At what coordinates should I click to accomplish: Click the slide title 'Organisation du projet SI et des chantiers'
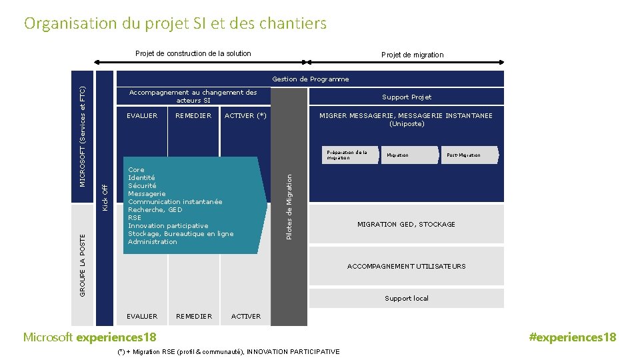[175, 24]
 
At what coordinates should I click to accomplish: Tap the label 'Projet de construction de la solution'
[193, 53]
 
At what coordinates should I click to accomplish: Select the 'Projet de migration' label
[412, 55]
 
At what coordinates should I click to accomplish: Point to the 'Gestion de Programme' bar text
[310, 79]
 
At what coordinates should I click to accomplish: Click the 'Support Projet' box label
[407, 97]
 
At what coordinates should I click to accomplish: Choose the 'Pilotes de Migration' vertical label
[289, 207]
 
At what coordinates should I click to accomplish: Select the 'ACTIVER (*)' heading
[245, 116]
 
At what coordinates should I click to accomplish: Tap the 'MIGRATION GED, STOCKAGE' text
[406, 225]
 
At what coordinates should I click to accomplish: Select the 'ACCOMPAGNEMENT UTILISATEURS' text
[406, 267]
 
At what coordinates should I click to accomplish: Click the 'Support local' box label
[406, 299]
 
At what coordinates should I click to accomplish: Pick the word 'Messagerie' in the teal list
[147, 194]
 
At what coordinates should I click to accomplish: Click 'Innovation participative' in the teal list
[168, 226]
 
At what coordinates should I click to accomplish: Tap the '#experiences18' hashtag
[572, 337]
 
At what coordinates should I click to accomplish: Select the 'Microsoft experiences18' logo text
[90, 337]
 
